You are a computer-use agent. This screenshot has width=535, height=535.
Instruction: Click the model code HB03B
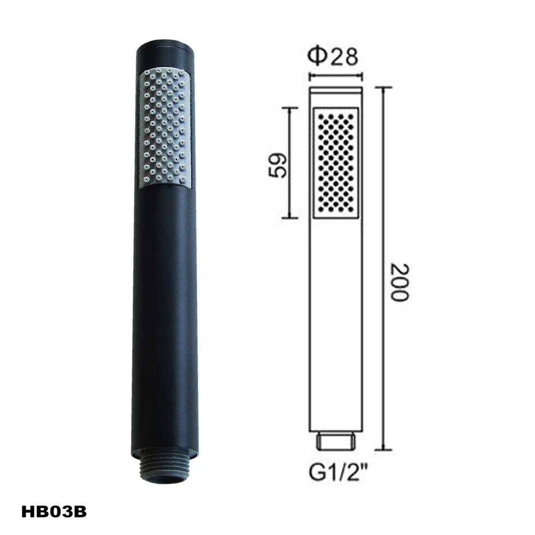pos(54,512)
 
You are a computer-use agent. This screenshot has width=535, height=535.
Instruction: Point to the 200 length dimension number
pos(400,282)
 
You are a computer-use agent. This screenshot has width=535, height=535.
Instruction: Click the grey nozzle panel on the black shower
pos(165,128)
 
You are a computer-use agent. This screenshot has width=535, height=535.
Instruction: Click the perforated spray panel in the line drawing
pos(336,163)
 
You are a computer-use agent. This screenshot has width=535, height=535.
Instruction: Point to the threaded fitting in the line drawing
pos(336,441)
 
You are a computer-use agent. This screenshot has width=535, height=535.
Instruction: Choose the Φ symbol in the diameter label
pos(317,57)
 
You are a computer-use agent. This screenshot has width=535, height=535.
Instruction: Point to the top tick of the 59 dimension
pos(289,108)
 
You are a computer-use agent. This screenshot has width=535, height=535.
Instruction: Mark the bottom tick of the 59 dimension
pos(289,218)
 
